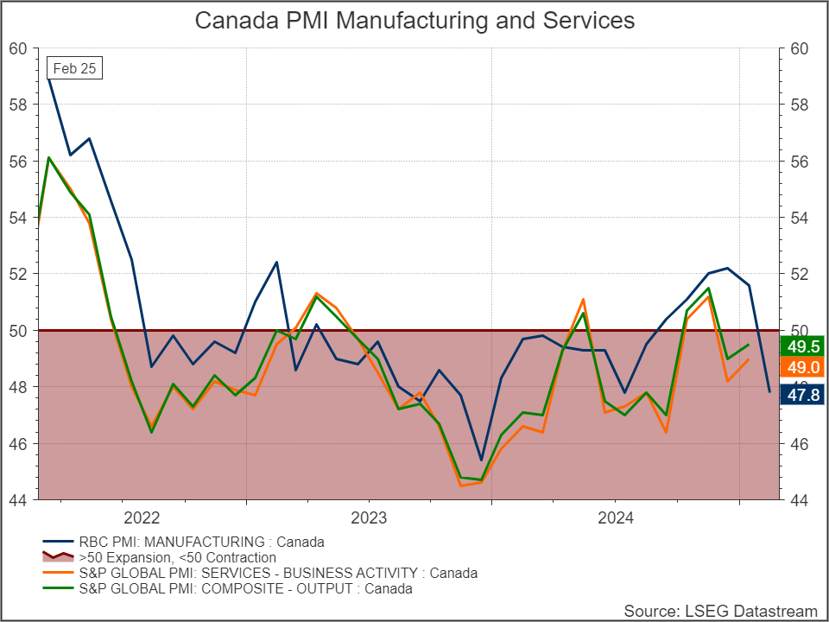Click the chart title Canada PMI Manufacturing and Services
coord(414,21)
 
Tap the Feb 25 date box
coord(74,68)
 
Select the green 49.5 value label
coord(802,346)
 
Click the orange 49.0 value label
coord(802,367)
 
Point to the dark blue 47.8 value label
coord(802,395)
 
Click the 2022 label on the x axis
coord(141,517)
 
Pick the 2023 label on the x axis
coord(369,517)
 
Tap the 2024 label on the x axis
coord(616,517)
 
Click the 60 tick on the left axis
coord(18,48)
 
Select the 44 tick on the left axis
coord(18,500)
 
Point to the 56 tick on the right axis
coord(800,162)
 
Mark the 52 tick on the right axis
coord(800,274)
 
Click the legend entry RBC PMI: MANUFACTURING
coord(183,542)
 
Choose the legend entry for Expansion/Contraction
coord(159,557)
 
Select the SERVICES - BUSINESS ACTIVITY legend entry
coord(260,573)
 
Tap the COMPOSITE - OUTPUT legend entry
coord(227,588)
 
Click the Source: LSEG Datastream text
coord(720,611)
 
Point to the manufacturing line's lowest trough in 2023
coord(481,460)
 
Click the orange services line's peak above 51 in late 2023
coord(583,300)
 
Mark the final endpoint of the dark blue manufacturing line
coord(769,392)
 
